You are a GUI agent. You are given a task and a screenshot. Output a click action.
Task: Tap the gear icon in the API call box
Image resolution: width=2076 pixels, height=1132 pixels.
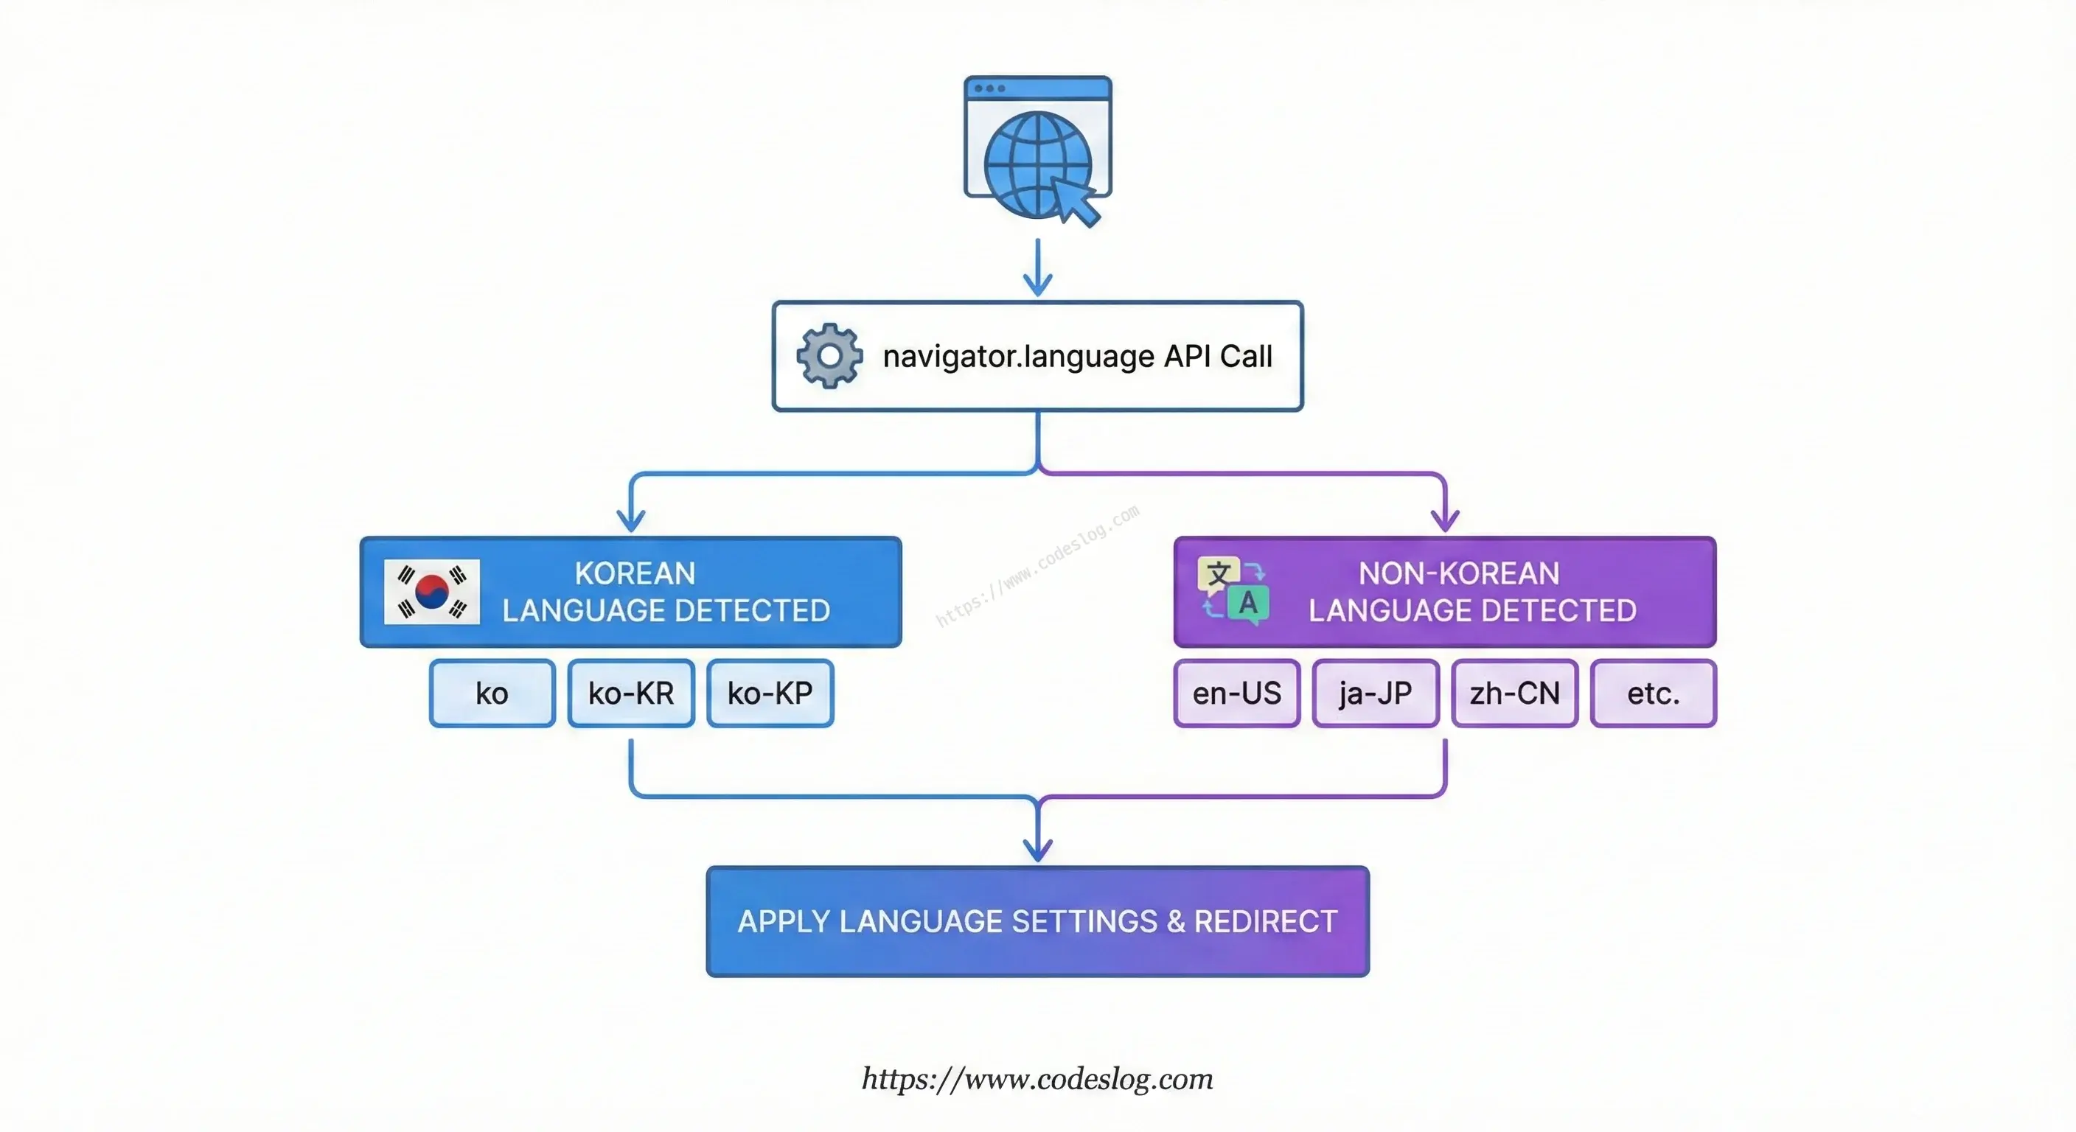click(x=829, y=356)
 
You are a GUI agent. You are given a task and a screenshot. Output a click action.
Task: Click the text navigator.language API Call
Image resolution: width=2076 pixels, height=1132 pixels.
click(x=1078, y=356)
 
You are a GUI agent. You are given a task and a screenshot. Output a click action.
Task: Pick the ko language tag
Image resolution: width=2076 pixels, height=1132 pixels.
click(x=492, y=693)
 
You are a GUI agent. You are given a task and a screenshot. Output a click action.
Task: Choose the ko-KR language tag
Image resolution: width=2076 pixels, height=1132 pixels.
click(x=631, y=693)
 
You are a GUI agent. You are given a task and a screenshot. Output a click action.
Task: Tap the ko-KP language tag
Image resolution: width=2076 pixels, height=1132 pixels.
click(x=770, y=693)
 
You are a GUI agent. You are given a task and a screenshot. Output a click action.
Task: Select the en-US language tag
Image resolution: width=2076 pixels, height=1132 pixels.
click(x=1237, y=693)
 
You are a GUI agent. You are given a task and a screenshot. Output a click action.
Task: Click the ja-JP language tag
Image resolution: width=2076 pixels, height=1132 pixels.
click(x=1376, y=693)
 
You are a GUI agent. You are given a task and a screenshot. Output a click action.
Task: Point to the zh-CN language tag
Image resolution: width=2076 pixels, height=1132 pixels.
click(x=1515, y=693)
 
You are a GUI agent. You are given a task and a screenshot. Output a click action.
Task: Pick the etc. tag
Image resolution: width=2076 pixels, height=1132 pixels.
click(x=1654, y=693)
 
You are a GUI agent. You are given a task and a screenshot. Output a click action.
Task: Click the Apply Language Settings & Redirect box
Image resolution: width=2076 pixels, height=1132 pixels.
click(x=1038, y=922)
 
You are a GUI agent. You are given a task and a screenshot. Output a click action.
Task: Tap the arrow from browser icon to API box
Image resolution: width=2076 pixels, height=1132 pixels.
click(x=1038, y=268)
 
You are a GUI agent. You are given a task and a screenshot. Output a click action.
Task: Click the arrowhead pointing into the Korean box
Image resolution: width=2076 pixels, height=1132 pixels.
click(x=631, y=520)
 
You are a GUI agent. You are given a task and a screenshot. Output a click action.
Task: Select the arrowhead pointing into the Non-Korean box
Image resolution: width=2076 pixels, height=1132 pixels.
click(x=1445, y=520)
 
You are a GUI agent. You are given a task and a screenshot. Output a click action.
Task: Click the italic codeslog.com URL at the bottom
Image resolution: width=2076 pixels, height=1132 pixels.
click(x=1038, y=1079)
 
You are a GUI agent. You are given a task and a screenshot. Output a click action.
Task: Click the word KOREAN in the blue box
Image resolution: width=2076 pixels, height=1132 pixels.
click(x=635, y=573)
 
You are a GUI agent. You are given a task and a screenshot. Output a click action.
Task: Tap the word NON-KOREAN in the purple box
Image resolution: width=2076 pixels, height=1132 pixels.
click(x=1460, y=573)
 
